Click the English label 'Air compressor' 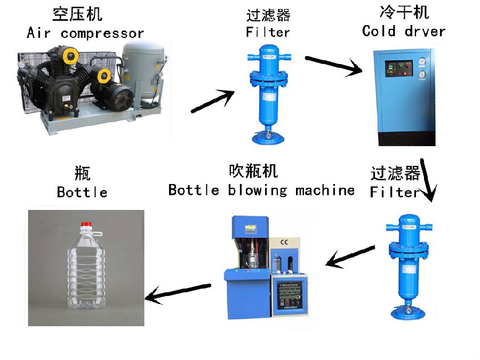[x=85, y=33]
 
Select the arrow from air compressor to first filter [x=213, y=101]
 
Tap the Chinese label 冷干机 [x=404, y=12]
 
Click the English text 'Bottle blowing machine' [x=261, y=190]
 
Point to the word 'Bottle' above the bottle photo [x=82, y=192]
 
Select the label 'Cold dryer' [x=403, y=31]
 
